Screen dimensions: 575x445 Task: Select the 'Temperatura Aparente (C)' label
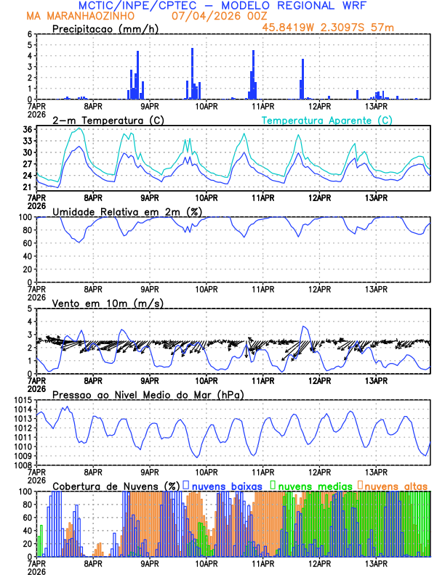point(327,120)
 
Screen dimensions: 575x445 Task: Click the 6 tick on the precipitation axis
point(29,34)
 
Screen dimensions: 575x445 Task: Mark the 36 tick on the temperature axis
point(27,129)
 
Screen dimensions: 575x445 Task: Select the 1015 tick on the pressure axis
point(22,400)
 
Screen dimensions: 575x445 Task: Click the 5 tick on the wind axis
point(29,309)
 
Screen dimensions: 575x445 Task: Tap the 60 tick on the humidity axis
point(27,243)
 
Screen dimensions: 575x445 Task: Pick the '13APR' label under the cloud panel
point(376,562)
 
